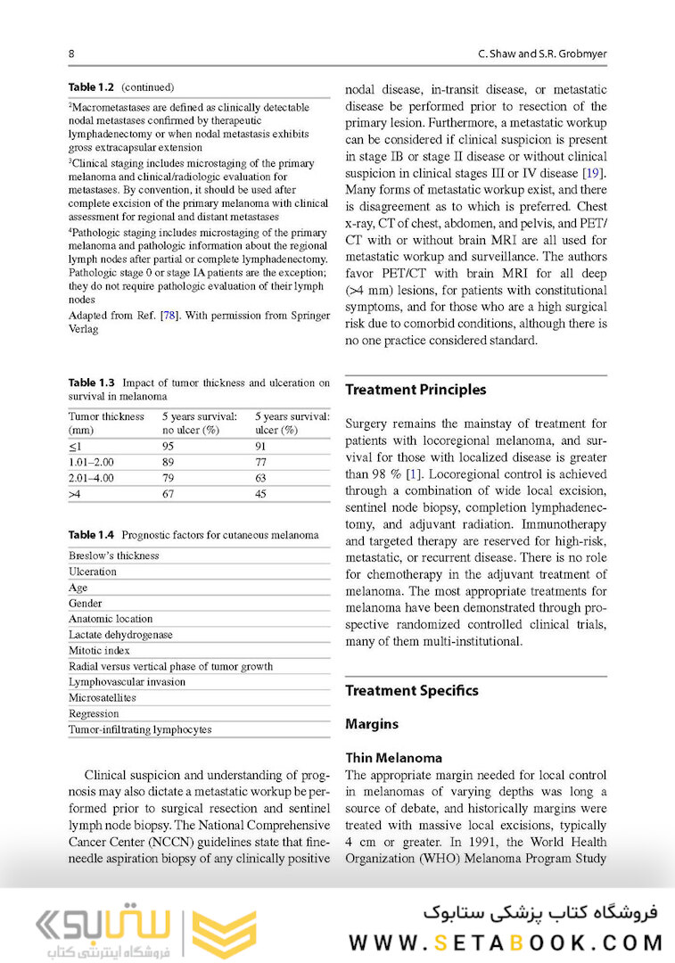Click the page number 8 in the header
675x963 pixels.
pos(71,54)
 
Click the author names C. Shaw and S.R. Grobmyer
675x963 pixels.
pos(542,54)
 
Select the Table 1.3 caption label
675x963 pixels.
pos(93,383)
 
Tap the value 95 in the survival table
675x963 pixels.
pos(167,447)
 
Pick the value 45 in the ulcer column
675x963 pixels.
pos(260,494)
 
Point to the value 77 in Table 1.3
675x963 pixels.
pos(260,463)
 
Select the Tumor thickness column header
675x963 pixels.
pos(106,423)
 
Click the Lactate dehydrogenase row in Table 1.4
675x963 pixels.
pos(120,635)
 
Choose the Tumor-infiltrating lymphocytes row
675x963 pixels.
pos(140,729)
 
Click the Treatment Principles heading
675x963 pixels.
pos(416,390)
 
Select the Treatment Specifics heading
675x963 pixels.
pos(411,691)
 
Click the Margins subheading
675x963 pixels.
pos(372,725)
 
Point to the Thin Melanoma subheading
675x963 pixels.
pos(393,758)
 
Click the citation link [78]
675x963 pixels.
pos(167,316)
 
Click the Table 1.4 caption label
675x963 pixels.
pos(93,535)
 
